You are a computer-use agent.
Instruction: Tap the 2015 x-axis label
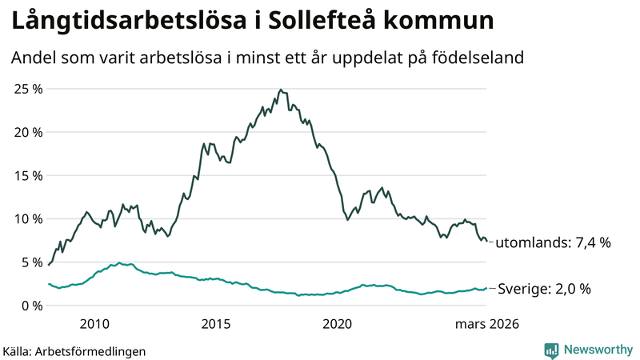pos(215,324)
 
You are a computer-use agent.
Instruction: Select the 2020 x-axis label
pos(337,324)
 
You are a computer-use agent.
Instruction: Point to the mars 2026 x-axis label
pos(487,324)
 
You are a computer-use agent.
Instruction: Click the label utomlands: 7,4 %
pos(553,242)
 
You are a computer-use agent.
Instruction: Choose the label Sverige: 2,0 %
pos(544,289)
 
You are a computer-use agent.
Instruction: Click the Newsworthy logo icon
pos(551,350)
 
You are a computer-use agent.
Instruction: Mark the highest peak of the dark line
pos(280,90)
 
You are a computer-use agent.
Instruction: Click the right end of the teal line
pos(486,288)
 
